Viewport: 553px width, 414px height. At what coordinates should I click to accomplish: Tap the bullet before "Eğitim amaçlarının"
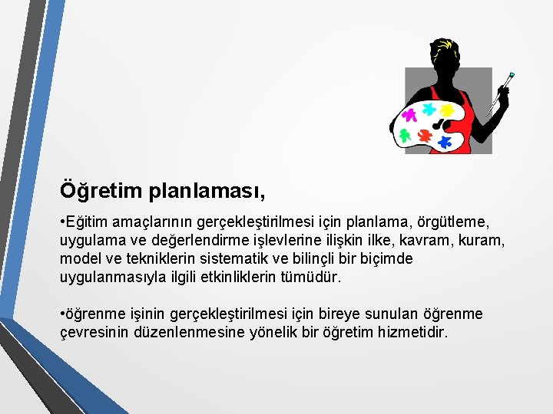click(x=61, y=222)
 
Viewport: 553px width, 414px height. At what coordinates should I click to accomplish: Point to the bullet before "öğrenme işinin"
click(x=61, y=315)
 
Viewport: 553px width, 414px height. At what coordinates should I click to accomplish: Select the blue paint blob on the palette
click(x=443, y=142)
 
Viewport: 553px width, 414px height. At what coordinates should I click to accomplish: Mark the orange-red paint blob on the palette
click(x=424, y=135)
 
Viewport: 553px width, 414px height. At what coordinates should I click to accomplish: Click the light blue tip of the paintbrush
click(x=511, y=76)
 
